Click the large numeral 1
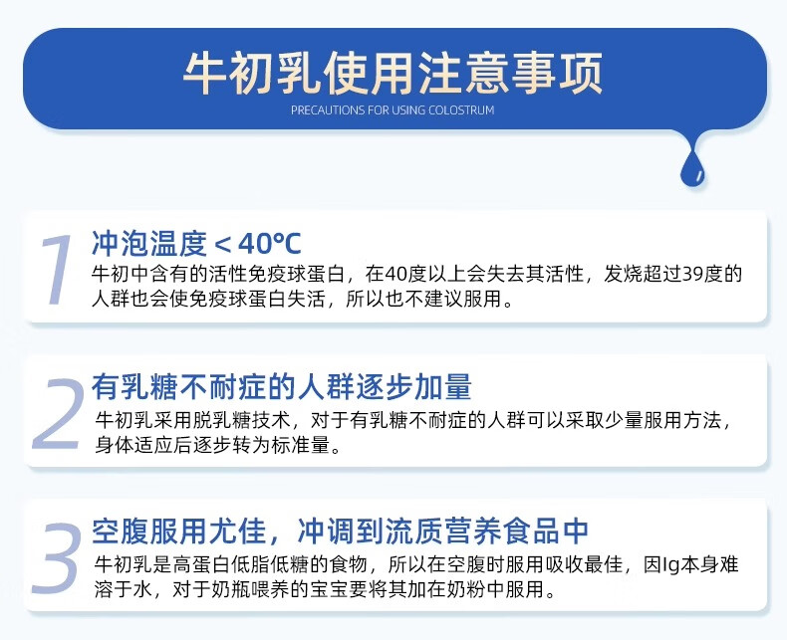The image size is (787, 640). (x=56, y=270)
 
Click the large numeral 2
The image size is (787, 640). (x=57, y=414)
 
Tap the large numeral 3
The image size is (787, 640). (x=56, y=557)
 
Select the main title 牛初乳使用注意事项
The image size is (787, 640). (x=393, y=74)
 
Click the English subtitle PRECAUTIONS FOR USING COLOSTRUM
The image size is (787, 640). (x=393, y=109)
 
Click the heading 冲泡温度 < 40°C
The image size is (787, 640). (x=196, y=243)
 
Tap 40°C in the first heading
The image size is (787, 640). (x=270, y=244)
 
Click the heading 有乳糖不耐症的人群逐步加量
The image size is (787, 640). (x=282, y=387)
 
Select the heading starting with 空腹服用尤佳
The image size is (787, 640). (x=340, y=531)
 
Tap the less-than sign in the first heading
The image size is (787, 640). (x=222, y=245)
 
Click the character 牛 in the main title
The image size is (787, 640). (x=204, y=74)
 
